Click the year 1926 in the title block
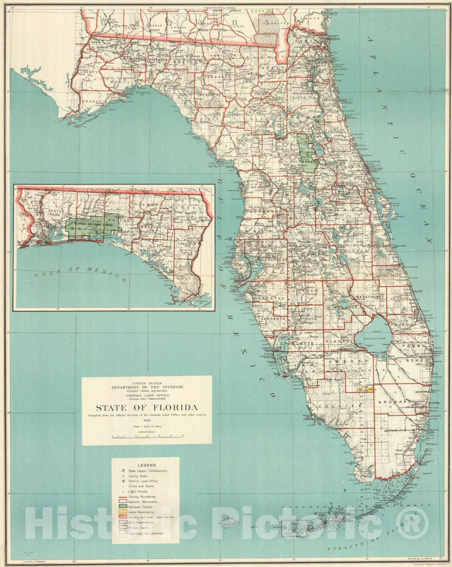pyautogui.click(x=147, y=420)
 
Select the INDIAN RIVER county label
pyautogui.click(x=389, y=275)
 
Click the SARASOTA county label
pyautogui.click(x=272, y=319)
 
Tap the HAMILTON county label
pyautogui.click(x=223, y=56)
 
